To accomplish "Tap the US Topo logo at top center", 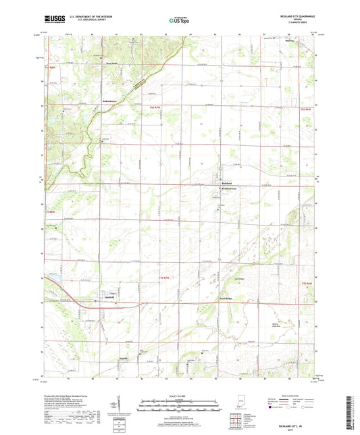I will coord(177,21).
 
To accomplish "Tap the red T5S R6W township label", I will coord(307,282).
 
